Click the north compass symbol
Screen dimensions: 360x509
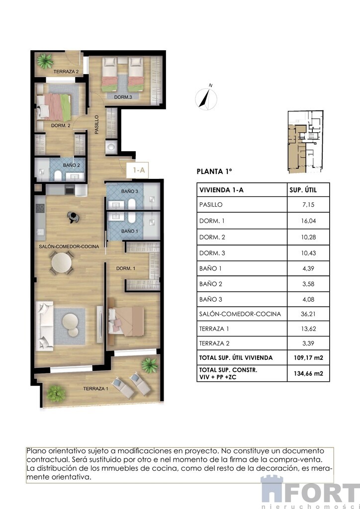[x=206, y=98]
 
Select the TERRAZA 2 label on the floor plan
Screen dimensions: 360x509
[x=66, y=72]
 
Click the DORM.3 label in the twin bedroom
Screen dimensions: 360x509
[x=123, y=97]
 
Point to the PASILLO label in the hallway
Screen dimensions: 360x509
[x=96, y=125]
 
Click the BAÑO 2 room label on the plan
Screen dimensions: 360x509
[x=72, y=165]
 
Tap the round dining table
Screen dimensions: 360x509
[x=62, y=262]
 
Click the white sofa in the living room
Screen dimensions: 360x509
[x=44, y=326]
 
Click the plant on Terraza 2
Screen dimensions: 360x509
[x=45, y=61]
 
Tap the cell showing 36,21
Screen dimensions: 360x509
[x=308, y=314]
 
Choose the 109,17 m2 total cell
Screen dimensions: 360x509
[x=308, y=358]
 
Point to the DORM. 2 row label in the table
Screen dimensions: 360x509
[x=212, y=237]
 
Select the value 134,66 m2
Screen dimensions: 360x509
[x=308, y=373]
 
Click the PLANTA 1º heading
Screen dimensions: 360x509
[x=215, y=171]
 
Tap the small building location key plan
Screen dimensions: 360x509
[x=305, y=142]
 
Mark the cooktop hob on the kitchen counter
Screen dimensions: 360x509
[x=40, y=208]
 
